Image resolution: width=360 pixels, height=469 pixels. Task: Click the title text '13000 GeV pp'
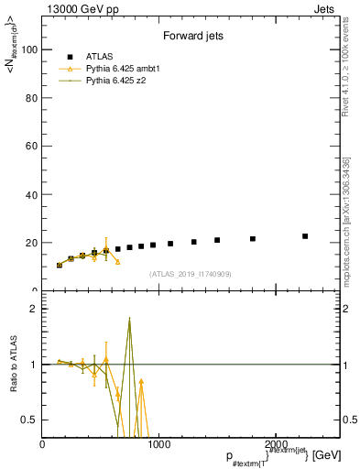coord(75,7)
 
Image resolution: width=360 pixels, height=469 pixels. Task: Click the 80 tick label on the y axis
coord(32,98)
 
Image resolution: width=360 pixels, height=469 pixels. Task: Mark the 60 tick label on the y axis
coord(32,147)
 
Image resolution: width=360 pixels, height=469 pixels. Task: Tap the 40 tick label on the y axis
coord(32,194)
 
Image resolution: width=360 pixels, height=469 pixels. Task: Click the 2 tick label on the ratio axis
coord(35,309)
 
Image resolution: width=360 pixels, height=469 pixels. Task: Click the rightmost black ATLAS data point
coord(305,236)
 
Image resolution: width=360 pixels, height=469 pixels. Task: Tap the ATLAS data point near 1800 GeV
coord(252,239)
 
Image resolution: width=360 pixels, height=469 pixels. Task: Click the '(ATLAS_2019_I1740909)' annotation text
coord(189,274)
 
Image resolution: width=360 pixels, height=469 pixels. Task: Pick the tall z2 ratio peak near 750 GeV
coord(129,319)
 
